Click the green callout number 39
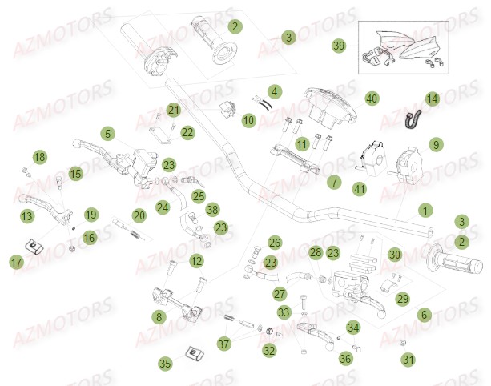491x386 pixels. (339, 46)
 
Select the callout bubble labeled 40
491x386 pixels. (371, 99)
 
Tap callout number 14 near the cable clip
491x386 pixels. (432, 99)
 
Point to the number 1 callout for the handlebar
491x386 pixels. (425, 211)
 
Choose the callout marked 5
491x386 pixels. (107, 133)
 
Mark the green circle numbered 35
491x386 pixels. (165, 364)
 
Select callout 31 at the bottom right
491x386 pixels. (408, 360)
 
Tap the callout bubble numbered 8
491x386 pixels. (159, 317)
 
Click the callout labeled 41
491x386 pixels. (360, 189)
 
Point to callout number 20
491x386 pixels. (139, 215)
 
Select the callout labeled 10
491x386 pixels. (248, 120)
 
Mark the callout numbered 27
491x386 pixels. (280, 294)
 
